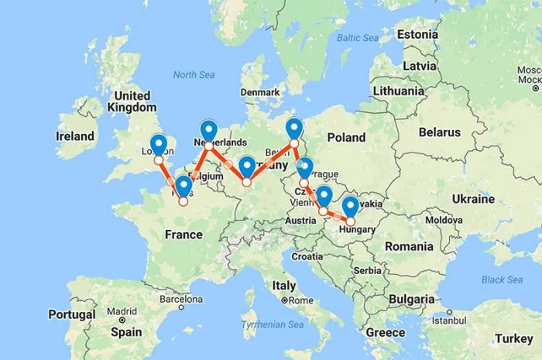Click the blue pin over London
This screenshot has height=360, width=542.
coord(159,144)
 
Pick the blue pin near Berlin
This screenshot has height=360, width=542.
coord(293,127)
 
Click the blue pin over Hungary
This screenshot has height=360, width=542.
coord(350,206)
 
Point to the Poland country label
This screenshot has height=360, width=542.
coord(345,137)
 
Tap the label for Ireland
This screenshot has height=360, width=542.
coord(75,135)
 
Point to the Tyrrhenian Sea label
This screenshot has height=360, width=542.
coord(270,324)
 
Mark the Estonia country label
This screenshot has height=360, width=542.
coord(417,35)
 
